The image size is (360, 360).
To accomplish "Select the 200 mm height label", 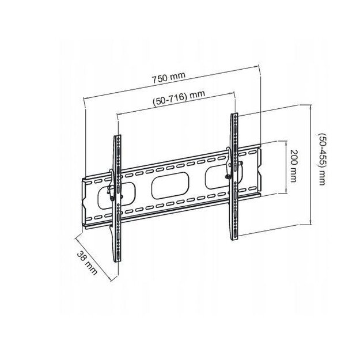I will tap(294, 166).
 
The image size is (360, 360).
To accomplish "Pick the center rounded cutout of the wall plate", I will tap(170, 188).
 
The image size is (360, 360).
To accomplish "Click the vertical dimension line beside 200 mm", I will tap(286, 167).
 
